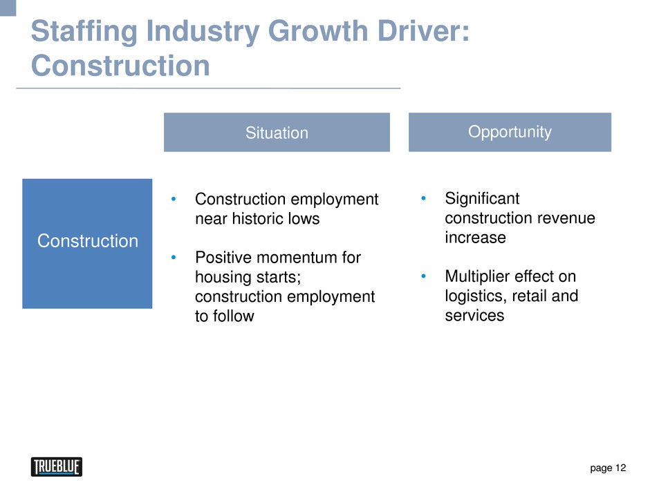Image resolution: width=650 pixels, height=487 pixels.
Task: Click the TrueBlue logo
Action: coord(57,467)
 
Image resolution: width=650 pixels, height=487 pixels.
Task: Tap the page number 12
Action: coord(620,468)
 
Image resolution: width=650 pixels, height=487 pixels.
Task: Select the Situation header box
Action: coord(277,132)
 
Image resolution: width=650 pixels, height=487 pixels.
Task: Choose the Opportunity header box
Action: coord(510,132)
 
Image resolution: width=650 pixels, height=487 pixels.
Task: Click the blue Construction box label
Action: coord(87,241)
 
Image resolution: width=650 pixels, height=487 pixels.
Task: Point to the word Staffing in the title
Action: coord(84,32)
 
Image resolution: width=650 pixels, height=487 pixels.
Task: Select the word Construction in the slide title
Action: coord(120,66)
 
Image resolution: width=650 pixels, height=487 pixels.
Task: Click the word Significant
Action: coord(482,199)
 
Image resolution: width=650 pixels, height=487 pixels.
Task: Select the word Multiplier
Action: coord(472,276)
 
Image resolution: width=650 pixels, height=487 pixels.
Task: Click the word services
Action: coord(474,316)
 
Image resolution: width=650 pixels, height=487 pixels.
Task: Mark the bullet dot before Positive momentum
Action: coord(174,258)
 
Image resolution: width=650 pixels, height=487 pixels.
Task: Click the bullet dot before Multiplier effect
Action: coord(423,276)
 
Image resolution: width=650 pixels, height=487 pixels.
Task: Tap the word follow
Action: coord(234,316)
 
